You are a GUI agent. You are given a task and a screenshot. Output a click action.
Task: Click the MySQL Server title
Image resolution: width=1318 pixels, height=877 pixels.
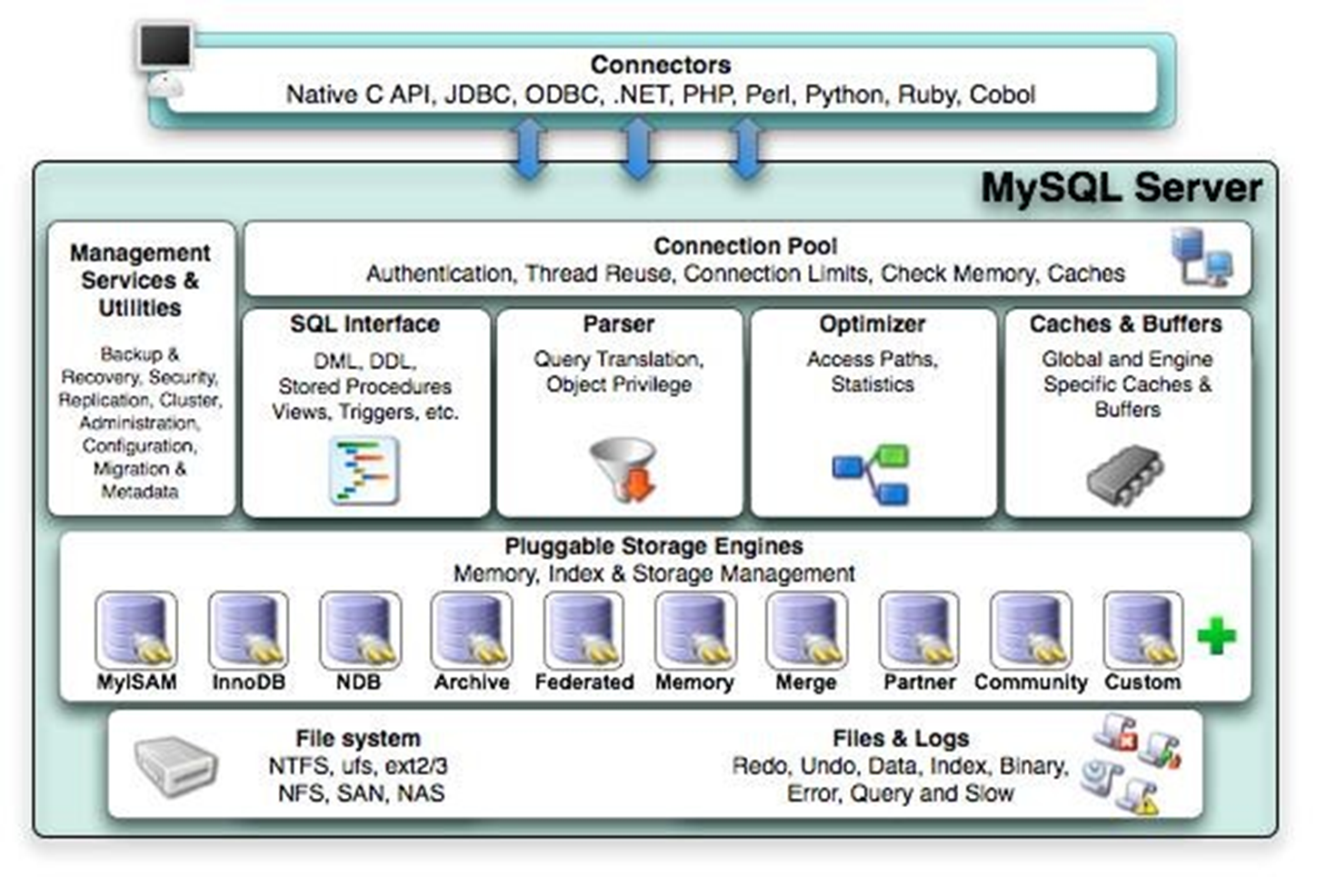1121,188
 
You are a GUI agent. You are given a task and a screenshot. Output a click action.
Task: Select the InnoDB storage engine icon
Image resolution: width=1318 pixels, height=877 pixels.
248,630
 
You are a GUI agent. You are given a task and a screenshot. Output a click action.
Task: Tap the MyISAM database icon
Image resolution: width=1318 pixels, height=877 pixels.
136,630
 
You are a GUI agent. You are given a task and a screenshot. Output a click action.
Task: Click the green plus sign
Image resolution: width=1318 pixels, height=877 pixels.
1216,635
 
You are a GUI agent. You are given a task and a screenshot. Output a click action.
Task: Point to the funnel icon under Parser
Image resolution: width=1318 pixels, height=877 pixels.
624,469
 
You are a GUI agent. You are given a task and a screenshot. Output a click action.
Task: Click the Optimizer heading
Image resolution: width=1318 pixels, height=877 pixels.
872,324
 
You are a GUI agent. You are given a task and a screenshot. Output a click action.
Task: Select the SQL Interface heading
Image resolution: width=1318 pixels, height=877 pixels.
364,324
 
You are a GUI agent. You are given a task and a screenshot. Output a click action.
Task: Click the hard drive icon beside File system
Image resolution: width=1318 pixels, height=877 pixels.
175,765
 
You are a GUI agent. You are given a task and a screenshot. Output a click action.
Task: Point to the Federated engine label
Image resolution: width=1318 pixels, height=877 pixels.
584,683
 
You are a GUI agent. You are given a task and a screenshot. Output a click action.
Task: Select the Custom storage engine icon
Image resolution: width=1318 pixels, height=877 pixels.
1143,630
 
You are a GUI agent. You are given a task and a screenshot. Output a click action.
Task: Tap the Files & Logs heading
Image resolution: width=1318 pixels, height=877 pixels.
900,739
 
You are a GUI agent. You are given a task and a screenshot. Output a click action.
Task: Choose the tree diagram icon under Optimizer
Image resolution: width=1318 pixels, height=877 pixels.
871,473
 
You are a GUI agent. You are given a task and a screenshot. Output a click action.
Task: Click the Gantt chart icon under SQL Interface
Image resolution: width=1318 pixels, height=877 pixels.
364,470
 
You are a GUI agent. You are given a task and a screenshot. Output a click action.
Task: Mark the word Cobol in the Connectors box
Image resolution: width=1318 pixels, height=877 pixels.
1002,95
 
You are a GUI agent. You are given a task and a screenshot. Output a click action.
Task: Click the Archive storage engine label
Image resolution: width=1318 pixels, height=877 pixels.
471,683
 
